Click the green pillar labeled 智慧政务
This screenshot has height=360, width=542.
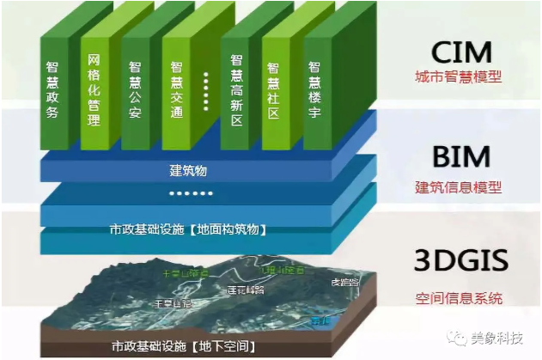click(53, 89)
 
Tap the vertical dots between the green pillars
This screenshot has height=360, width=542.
click(206, 90)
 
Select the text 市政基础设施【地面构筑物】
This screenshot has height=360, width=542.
click(191, 229)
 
